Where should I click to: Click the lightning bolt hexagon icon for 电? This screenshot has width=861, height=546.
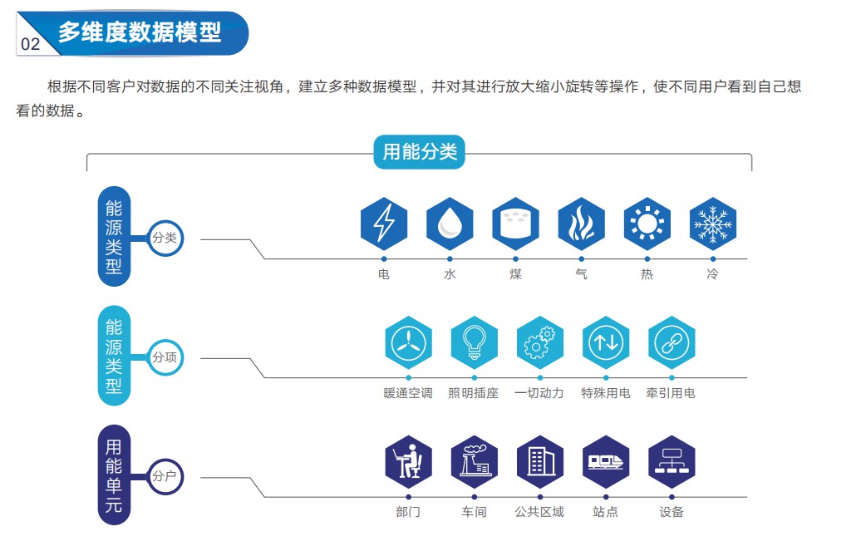click(384, 224)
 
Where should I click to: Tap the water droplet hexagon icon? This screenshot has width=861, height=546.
click(450, 224)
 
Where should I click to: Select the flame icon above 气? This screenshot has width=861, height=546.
click(581, 224)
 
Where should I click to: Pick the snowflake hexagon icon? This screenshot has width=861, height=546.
click(713, 224)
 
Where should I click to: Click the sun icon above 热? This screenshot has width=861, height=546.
click(647, 224)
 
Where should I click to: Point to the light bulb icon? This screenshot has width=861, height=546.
click(475, 342)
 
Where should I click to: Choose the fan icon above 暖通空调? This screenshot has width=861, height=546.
click(409, 342)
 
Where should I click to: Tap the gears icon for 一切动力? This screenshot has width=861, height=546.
click(540, 342)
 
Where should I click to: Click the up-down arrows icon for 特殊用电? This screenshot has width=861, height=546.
click(606, 342)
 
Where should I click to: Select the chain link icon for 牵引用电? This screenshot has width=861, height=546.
click(672, 342)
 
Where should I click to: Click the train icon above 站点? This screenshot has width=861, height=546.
click(606, 461)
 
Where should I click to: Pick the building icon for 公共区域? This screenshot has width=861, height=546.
click(540, 461)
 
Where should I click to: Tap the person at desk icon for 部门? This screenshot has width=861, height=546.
click(409, 461)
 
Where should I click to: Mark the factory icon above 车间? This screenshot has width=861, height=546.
click(475, 461)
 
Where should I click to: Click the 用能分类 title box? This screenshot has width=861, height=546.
click(420, 152)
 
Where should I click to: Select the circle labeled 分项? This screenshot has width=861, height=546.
click(165, 357)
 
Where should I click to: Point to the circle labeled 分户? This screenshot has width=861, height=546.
click(165, 476)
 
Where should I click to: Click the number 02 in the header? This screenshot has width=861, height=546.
click(31, 44)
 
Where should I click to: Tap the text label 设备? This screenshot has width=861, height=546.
click(672, 512)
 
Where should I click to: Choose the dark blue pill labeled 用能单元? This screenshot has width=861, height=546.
click(115, 476)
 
